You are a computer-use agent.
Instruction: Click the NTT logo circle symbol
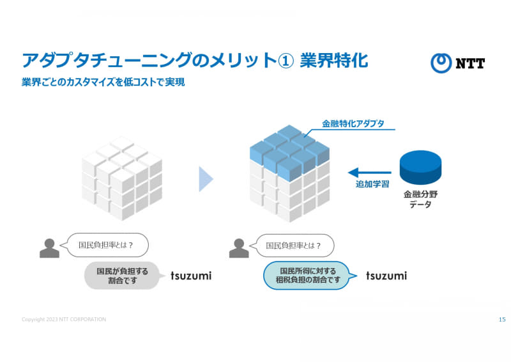(441, 63)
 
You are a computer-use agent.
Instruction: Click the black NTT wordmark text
(470, 63)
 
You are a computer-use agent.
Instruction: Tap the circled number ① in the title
(286, 61)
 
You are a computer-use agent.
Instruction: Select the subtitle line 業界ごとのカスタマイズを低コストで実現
(103, 82)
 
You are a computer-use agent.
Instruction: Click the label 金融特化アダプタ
(353, 123)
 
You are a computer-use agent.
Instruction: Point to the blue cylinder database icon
(420, 168)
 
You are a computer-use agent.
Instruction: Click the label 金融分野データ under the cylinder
(420, 199)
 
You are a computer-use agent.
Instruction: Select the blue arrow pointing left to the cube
(370, 172)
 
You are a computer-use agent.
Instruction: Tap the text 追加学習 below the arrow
(372, 184)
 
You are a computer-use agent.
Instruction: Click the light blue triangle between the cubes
(206, 179)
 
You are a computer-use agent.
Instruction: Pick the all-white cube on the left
(122, 178)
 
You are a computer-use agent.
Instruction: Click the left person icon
(50, 248)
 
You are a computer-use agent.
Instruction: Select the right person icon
(239, 248)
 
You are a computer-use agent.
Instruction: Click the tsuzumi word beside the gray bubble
(191, 276)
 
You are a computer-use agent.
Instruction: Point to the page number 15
(502, 319)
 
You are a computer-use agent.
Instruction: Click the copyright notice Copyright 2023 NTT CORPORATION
(64, 319)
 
